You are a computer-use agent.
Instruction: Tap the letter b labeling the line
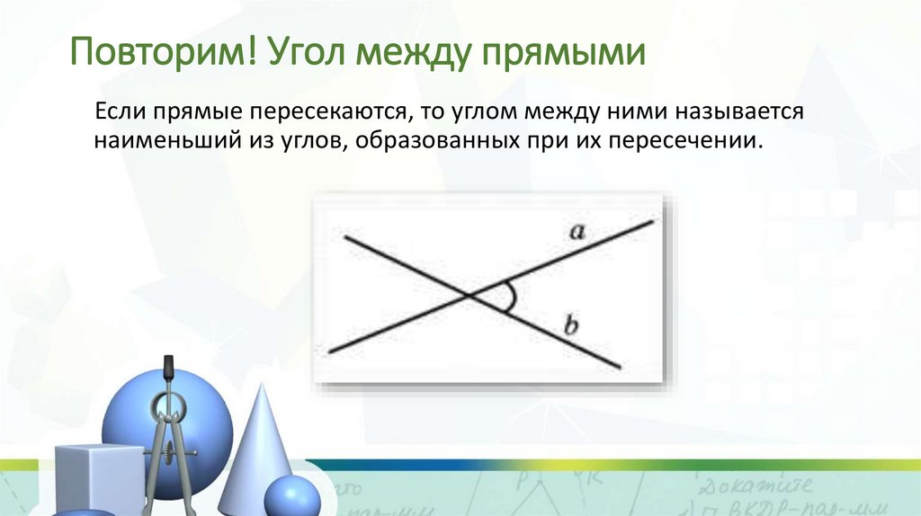569,325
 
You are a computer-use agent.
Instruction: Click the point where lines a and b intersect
469,295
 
